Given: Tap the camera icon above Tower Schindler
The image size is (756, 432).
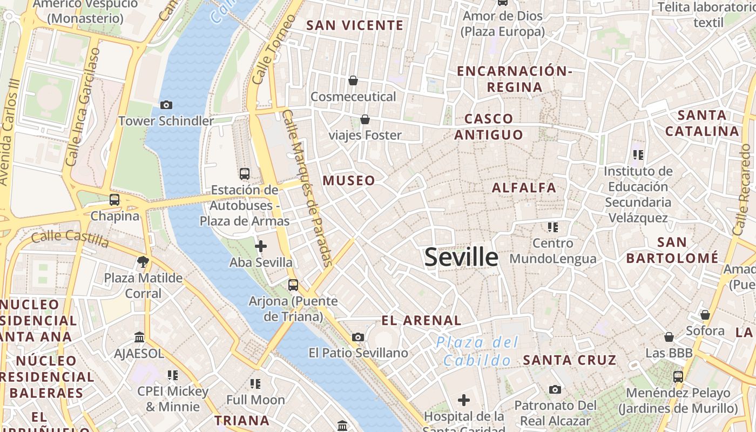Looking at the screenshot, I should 166,105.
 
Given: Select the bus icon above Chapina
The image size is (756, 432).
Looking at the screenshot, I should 114,200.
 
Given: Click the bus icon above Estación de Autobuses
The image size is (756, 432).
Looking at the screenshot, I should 245,173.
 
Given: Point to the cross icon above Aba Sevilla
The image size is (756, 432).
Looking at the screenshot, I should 261,246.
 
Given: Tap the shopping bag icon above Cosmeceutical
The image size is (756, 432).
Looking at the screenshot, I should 353,80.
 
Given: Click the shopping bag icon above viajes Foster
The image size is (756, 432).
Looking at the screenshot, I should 365,119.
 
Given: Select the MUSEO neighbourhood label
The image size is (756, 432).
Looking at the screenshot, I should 349,181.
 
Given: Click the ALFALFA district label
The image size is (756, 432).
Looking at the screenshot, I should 524,188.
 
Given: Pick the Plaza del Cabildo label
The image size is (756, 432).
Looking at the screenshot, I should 476,351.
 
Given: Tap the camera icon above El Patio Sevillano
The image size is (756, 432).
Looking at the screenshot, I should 357,337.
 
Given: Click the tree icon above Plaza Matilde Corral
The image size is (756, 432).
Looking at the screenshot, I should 143,262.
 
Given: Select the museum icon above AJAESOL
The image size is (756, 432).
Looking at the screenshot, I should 139,337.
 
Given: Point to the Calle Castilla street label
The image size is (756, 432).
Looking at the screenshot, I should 70,238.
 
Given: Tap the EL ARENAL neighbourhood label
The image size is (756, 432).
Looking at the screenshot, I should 421,321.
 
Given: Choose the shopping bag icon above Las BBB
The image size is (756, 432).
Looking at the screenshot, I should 669,337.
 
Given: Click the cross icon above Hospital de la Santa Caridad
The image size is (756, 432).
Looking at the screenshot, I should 464,400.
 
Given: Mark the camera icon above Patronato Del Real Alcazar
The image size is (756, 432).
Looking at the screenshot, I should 555,389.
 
